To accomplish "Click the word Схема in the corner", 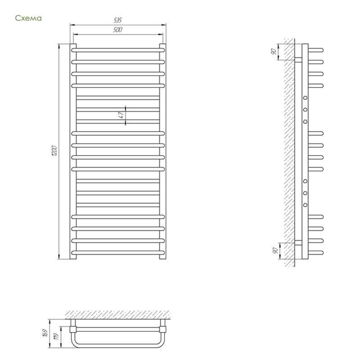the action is tap(28, 18).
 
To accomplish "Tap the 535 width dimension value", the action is tap(117, 20).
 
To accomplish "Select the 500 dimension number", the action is tap(117, 30).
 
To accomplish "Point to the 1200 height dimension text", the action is tap(54, 151).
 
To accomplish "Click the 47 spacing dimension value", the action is tap(121, 115).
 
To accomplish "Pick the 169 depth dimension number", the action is tap(45, 333).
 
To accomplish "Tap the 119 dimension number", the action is tap(57, 336).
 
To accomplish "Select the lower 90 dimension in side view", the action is tap(275, 251).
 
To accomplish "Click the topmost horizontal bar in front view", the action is tap(118, 50).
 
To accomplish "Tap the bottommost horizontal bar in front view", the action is tap(118, 252).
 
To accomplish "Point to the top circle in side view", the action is tap(305, 98).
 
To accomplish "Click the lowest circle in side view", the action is tap(305, 205).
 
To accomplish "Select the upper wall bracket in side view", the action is tap(298, 60).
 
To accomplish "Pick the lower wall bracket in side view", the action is tap(298, 243).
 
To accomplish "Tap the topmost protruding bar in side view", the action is tap(316, 50).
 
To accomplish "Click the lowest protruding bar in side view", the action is tap(316, 252).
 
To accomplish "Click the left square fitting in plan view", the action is tap(73, 329).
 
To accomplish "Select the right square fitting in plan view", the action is tap(163, 329).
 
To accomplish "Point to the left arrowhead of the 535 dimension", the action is tap(72, 25).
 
